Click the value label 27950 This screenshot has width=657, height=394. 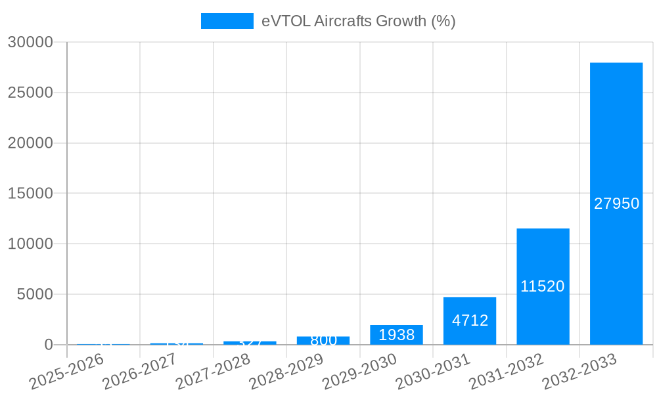point(616,204)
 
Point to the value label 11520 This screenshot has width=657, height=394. point(543,286)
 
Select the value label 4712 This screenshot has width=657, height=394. point(470,320)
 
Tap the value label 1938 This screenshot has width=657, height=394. point(396,335)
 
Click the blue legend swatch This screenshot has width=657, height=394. point(227,21)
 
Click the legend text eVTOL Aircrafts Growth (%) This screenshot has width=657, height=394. point(358,21)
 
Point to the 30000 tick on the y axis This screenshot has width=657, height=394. point(30,42)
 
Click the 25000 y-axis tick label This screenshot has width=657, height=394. point(30,93)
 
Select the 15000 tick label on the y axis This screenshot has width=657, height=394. point(30,194)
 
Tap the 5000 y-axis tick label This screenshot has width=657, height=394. point(34,294)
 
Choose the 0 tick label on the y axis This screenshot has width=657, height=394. point(48,345)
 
